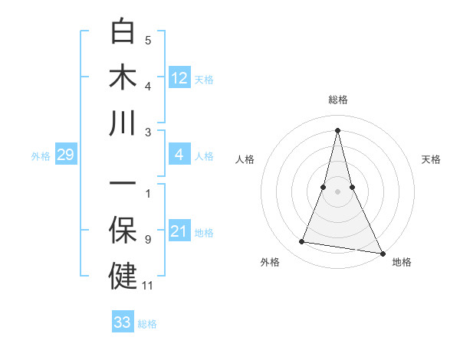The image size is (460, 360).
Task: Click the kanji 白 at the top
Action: (123, 33)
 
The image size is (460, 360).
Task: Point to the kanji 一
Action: (123, 185)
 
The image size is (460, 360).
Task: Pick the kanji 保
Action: (123, 231)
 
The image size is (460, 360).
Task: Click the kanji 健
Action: (123, 276)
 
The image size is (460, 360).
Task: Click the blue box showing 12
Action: (179, 77)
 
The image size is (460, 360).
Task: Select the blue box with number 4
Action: (179, 155)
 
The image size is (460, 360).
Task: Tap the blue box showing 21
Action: (179, 232)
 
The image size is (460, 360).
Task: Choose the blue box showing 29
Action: (65, 155)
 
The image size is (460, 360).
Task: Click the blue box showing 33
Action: (123, 322)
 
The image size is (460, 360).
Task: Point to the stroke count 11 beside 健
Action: (148, 286)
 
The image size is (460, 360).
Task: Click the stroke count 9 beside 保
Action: (148, 240)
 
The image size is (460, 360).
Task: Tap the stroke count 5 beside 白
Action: (148, 41)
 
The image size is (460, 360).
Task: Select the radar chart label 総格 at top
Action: (337, 100)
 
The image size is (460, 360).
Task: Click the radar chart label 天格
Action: (432, 159)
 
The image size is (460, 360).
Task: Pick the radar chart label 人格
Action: (245, 159)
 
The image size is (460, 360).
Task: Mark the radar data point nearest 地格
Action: (382, 252)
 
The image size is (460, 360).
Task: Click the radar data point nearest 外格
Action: (302, 242)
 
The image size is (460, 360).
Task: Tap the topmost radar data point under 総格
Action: (337, 129)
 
